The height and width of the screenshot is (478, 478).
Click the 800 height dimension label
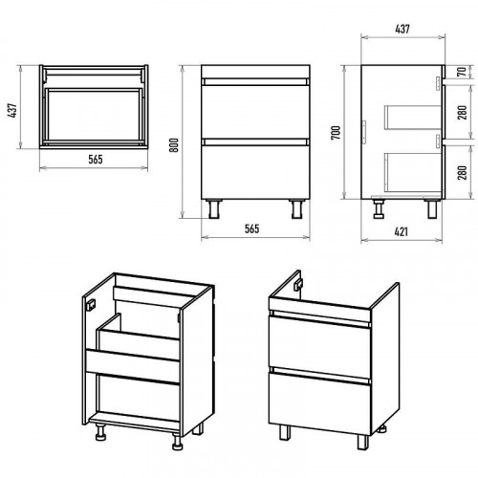coord(174,145)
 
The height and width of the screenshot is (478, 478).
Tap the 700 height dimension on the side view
coord(336,133)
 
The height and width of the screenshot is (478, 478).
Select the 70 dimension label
coord(462,72)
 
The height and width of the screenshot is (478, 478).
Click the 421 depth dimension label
coord(402,231)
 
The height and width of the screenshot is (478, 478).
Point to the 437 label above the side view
coord(402,29)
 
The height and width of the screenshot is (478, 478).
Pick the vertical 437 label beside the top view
coord(13,111)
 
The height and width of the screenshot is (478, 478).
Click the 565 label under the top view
coord(96,159)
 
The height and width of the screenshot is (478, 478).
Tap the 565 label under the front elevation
coord(251,228)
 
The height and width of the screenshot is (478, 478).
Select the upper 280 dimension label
coord(462,113)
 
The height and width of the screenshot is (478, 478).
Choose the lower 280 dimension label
coord(462,172)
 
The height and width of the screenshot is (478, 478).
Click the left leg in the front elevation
coord(214,209)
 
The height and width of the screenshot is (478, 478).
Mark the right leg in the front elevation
coord(297,209)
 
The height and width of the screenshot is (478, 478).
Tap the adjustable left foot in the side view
coord(379,208)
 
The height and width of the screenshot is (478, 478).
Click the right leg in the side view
coord(432,209)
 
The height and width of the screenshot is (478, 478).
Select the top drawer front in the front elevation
coord(255,111)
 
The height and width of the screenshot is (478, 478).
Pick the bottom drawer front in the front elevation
coord(255,172)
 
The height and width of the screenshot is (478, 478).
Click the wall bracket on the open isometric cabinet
coord(91,305)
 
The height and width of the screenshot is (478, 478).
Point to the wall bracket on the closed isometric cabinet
coord(298,285)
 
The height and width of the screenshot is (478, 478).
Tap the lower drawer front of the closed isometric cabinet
coord(320,404)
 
